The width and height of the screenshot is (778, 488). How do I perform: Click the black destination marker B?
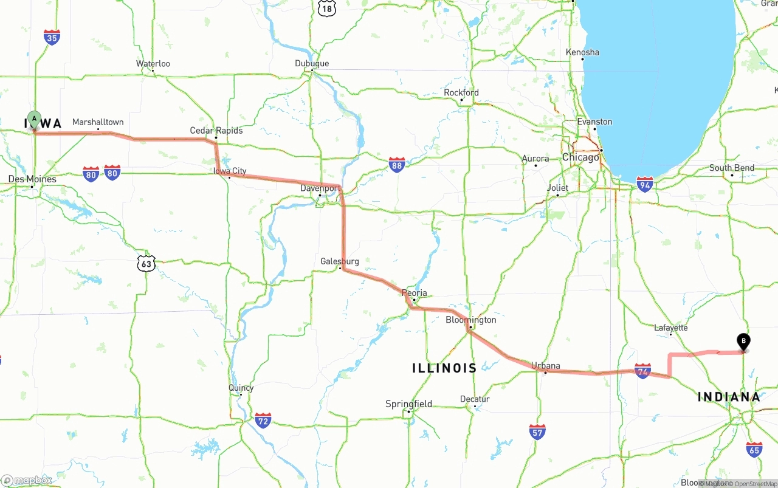point(743,342)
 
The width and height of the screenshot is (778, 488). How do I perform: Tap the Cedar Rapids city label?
point(216,131)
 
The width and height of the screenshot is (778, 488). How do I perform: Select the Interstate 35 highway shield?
point(52,37)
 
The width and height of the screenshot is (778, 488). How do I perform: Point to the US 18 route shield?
point(326,7)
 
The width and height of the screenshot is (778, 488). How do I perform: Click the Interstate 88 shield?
point(397,165)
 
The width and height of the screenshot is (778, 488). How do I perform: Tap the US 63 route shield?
point(146,263)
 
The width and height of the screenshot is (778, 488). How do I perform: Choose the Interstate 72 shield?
point(263,419)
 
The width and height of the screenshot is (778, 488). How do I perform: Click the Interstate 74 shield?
point(642,371)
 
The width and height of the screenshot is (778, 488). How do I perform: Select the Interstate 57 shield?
point(537,431)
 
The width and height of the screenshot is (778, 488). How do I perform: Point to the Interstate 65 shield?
point(754,449)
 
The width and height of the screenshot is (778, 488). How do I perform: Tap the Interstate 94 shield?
point(645,184)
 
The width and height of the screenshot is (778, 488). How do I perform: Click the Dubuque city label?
point(312,64)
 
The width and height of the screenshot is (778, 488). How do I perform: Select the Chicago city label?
point(580,157)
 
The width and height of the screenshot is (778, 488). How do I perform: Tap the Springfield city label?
point(409,404)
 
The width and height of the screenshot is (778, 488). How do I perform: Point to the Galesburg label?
point(340,261)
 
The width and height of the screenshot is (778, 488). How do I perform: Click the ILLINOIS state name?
point(444,368)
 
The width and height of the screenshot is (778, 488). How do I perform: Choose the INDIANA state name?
point(729,397)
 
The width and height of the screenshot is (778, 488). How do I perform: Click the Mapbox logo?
point(26,480)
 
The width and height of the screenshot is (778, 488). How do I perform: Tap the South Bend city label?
point(732,168)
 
